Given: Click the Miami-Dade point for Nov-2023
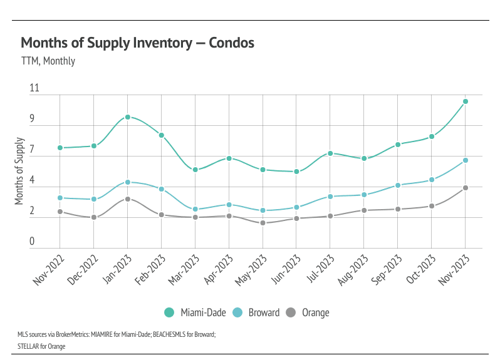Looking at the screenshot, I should (x=466, y=101).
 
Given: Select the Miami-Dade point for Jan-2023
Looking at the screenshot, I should (x=127, y=117).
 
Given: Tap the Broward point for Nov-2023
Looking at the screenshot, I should (x=466, y=160).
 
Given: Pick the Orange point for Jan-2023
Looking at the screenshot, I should (x=127, y=199).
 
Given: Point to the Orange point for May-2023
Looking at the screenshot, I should (x=263, y=223).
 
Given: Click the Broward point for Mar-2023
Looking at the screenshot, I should (x=195, y=209).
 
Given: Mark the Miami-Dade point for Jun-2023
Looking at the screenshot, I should (x=296, y=172).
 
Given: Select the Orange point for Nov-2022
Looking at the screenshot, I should (x=60, y=212).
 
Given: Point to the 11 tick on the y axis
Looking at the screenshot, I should (x=34, y=89).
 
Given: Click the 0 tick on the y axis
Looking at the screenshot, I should (x=32, y=242).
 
